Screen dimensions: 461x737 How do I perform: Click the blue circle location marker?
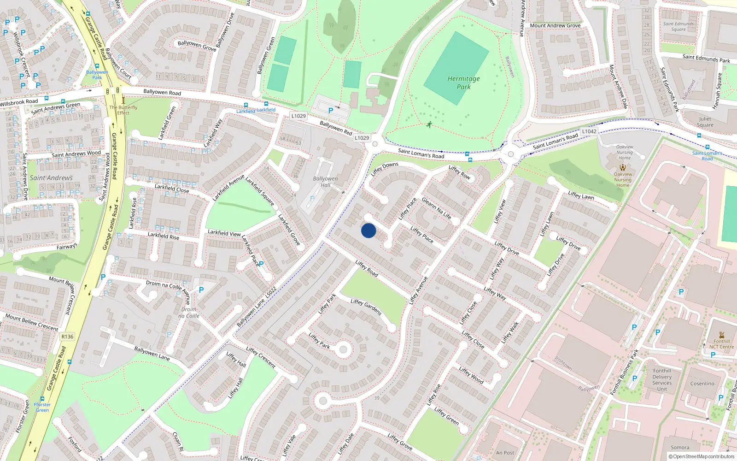[x=368, y=230]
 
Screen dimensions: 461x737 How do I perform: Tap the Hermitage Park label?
[x=463, y=83]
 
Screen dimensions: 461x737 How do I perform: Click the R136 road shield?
[x=67, y=337]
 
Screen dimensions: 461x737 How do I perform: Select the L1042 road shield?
[x=589, y=131]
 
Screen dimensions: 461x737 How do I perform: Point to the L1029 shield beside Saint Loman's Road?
[x=362, y=138]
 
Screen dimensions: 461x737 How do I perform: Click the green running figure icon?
[x=429, y=124]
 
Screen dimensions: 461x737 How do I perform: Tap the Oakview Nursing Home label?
[x=624, y=152]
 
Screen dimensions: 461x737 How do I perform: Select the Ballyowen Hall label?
[x=325, y=182]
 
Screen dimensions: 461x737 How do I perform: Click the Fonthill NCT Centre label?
[x=721, y=344]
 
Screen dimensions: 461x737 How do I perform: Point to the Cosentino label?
[x=702, y=384]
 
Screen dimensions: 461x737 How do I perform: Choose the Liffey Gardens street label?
[x=366, y=307]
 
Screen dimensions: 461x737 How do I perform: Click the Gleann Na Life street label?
[x=436, y=208]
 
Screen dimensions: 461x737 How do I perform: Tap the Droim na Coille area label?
[x=189, y=313]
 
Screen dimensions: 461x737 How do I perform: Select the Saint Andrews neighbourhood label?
[x=51, y=178]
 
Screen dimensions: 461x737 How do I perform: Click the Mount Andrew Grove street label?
[x=555, y=25]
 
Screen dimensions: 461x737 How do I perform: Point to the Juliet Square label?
[x=705, y=122]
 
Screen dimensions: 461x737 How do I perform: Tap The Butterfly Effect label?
[x=123, y=110]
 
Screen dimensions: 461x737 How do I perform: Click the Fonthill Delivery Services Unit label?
[x=662, y=380]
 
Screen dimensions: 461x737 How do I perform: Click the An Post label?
[x=505, y=453]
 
